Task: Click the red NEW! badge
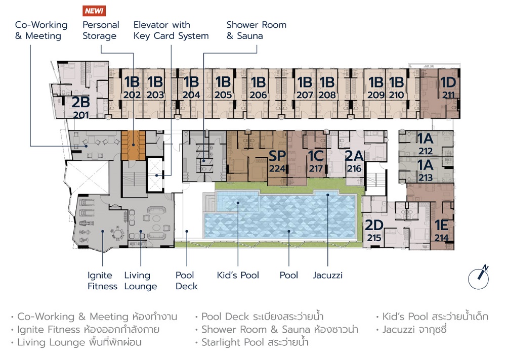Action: point(94,11)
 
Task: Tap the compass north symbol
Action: point(479,278)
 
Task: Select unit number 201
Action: point(80,115)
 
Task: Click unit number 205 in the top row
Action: point(223,95)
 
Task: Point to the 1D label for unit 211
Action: point(448,82)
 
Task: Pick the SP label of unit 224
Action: point(277,156)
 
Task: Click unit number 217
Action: point(316,168)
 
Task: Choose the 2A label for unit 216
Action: point(354,156)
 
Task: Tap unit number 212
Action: point(426,151)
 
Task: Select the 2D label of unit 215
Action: point(374,226)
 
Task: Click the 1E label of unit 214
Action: point(441,226)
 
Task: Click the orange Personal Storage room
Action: point(133,146)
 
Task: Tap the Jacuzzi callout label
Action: point(327,275)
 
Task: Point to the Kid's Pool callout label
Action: point(238,275)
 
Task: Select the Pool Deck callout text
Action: point(186,281)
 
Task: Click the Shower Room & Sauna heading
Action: point(256,30)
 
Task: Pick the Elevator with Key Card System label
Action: point(171,30)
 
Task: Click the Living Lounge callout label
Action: point(140,281)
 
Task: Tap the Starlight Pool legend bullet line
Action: point(251,342)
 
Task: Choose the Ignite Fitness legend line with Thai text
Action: point(85,329)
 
